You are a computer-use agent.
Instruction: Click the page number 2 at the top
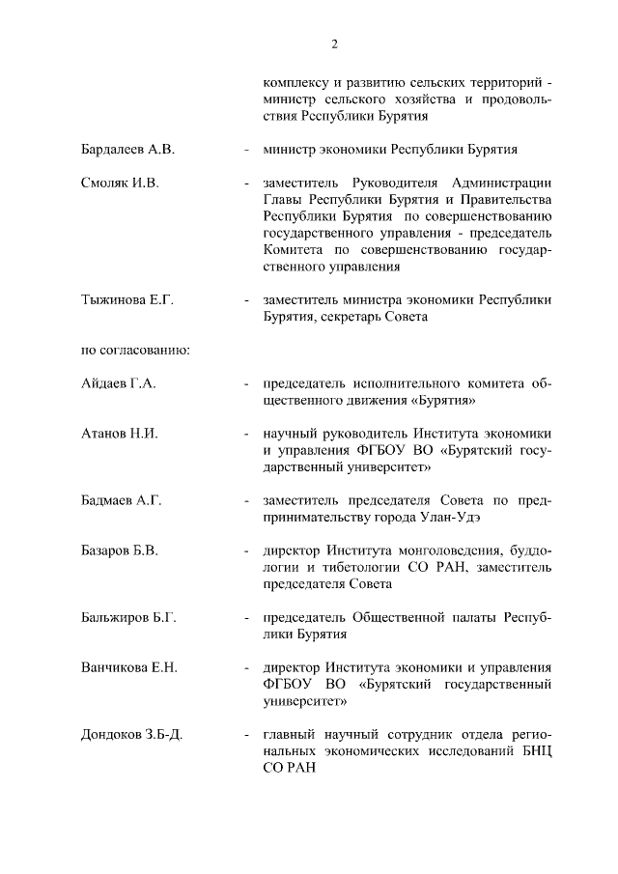(334, 43)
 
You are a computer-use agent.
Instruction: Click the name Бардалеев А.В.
(127, 150)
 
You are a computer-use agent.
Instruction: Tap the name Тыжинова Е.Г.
(126, 300)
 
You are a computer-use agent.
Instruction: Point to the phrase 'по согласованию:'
(134, 350)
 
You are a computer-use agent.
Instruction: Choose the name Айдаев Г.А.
(119, 383)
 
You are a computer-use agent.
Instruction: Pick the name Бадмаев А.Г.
(121, 499)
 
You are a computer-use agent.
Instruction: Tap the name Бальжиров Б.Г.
(127, 617)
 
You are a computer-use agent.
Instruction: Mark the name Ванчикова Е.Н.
(129, 667)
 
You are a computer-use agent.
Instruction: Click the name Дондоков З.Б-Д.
(132, 735)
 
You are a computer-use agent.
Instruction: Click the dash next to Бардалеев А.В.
(248, 150)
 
